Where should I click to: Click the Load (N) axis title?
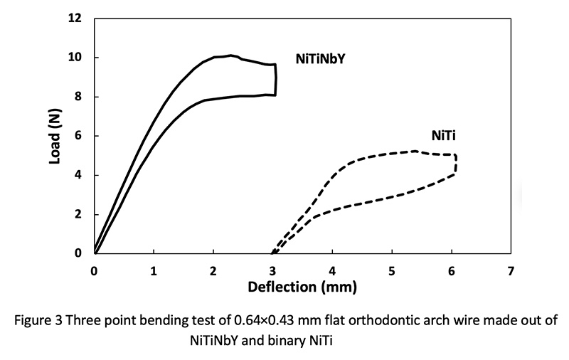pyautogui.click(x=55, y=135)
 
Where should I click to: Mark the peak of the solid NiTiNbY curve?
pyautogui.click(x=230, y=55)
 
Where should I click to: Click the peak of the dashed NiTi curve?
pyautogui.click(x=415, y=151)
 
